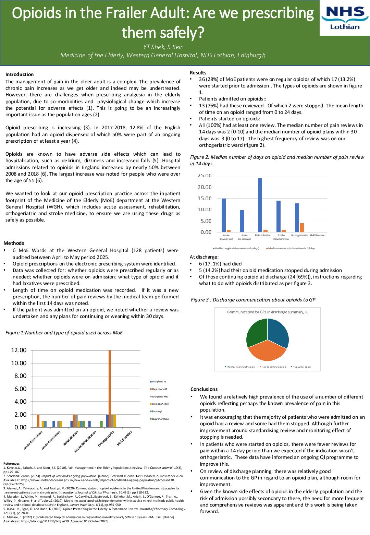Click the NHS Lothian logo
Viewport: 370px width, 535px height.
(x=345, y=18)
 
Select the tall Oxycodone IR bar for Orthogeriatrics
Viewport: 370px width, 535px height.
(x=110, y=388)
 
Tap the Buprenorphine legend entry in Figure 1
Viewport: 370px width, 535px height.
(x=160, y=419)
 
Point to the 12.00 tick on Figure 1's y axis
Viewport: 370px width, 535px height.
(x=18, y=350)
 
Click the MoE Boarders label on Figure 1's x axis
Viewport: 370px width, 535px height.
(x=125, y=438)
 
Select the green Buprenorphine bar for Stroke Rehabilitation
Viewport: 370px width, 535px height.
(x=101, y=424)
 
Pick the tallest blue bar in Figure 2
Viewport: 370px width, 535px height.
(x=260, y=205)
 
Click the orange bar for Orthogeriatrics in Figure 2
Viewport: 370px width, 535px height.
(x=302, y=228)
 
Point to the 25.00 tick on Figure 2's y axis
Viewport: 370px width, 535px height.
(x=205, y=176)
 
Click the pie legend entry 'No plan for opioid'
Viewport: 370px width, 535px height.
(x=301, y=367)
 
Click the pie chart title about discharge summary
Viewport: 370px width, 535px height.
(x=267, y=312)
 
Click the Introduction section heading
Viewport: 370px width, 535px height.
(x=20, y=74)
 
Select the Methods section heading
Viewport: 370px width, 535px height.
(x=14, y=243)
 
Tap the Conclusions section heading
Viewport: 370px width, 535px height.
(x=204, y=389)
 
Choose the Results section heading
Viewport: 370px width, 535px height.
(x=198, y=73)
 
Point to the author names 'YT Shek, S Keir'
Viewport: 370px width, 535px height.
(x=163, y=47)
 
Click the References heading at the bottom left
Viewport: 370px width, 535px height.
(x=12, y=464)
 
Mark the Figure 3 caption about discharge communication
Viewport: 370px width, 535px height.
(x=253, y=300)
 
